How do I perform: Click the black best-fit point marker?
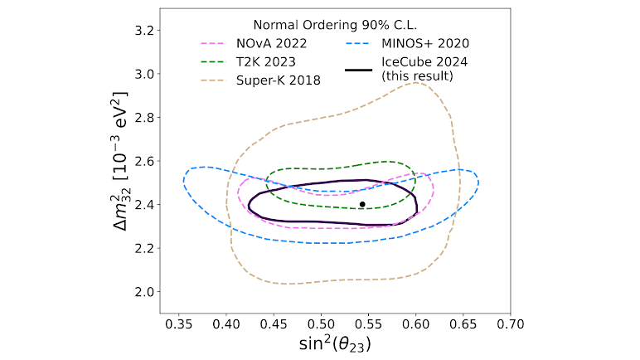pyautogui.click(x=362, y=204)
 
